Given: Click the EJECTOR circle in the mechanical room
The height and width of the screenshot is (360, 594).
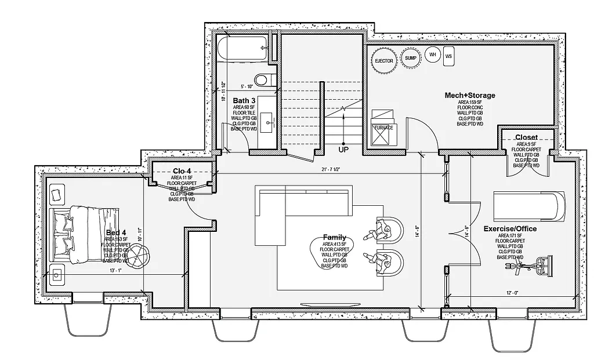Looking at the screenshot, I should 383,60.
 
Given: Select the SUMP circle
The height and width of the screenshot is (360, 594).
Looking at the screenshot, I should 411,58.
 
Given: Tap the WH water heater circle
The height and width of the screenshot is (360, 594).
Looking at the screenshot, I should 432,55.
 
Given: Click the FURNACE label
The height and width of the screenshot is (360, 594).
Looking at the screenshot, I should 382,128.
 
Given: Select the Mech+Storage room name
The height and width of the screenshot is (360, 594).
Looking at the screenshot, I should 470,95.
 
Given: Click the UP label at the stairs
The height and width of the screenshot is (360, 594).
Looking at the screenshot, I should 343,150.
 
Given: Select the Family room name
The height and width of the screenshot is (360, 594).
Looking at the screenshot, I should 335,237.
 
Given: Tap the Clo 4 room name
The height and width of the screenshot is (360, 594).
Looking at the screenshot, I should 182,171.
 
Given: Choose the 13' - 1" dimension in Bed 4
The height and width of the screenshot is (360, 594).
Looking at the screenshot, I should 115,270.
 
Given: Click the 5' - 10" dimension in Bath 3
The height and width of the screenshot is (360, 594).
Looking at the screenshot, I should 245,86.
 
